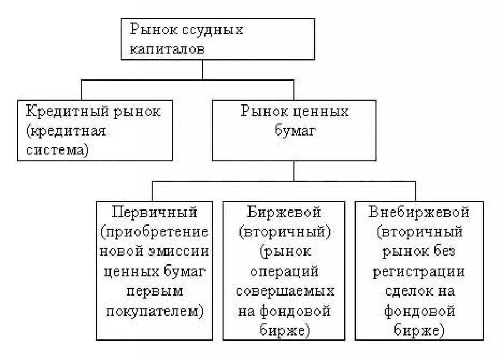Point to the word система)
tap(57, 150)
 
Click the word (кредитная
tap(66, 131)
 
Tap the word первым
tap(154, 291)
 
